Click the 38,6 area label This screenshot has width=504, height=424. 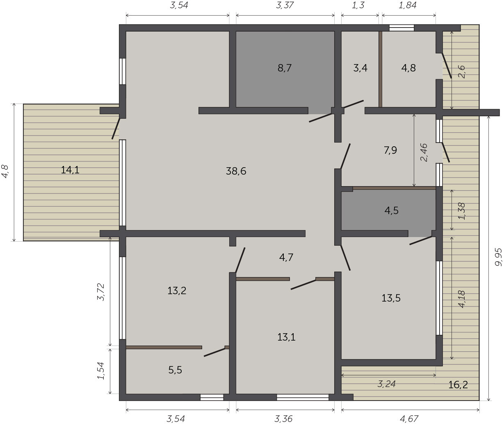tap(236, 171)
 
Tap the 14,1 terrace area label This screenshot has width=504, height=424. tap(70, 170)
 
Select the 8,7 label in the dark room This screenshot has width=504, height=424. tap(285, 68)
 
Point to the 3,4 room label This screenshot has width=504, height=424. tap(360, 68)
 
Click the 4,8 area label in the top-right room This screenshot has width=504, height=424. tap(409, 68)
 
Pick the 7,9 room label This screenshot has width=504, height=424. tap(390, 150)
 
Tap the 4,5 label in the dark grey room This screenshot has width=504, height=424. tap(392, 210)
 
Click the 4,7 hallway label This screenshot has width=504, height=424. tap(286, 257)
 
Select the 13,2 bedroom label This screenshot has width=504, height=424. tap(177, 290)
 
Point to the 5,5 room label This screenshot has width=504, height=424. tap(175, 370)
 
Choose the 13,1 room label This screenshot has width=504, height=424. tap(287, 337)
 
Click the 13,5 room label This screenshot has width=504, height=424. tap(391, 298)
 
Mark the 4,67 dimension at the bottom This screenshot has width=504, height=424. tap(409, 418)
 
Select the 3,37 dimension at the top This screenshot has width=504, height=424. tap(285, 5)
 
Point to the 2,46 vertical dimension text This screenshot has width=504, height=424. tap(424, 152)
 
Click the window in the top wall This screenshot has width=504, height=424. tap(401, 28)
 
